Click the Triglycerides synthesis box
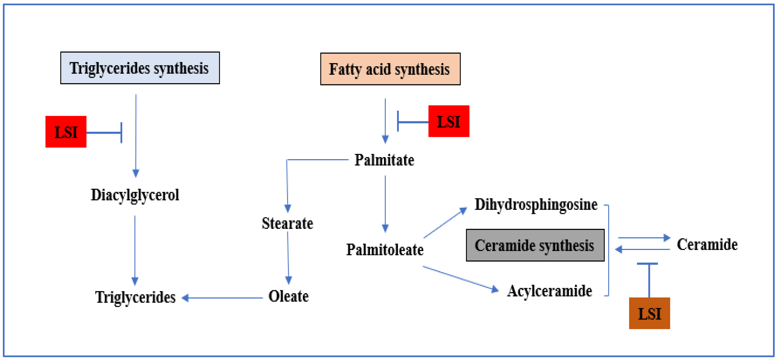(x=140, y=68)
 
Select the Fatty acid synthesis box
(x=390, y=69)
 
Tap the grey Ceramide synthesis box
(x=535, y=245)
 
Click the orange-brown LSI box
(x=649, y=313)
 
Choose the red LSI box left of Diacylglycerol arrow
(x=66, y=132)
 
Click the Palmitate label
(x=384, y=160)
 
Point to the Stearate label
(x=287, y=223)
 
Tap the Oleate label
(x=288, y=296)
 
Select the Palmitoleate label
(x=384, y=250)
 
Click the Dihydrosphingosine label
(x=536, y=205)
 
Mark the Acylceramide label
(x=549, y=291)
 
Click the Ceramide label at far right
(x=707, y=244)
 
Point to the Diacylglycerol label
(x=135, y=195)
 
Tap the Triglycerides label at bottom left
(x=135, y=297)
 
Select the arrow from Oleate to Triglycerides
(x=222, y=298)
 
